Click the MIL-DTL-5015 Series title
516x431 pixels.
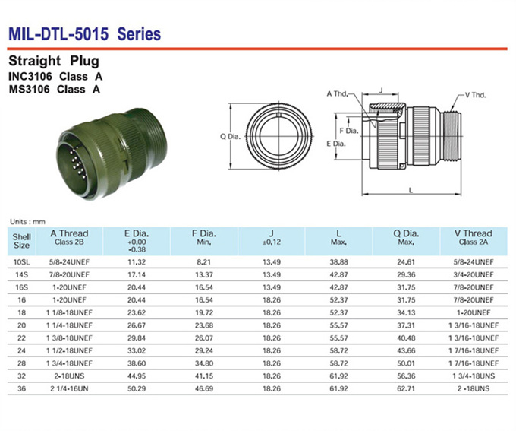point(84,34)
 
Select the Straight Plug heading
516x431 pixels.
point(54,61)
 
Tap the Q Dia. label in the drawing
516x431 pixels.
point(231,137)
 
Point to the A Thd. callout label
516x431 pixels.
point(338,94)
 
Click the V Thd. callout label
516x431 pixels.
point(475,95)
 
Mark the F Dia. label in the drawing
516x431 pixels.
point(349,131)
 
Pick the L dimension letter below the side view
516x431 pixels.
point(411,190)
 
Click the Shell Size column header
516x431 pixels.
point(22,241)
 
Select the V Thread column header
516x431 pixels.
point(474,237)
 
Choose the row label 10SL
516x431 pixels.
point(22,262)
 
